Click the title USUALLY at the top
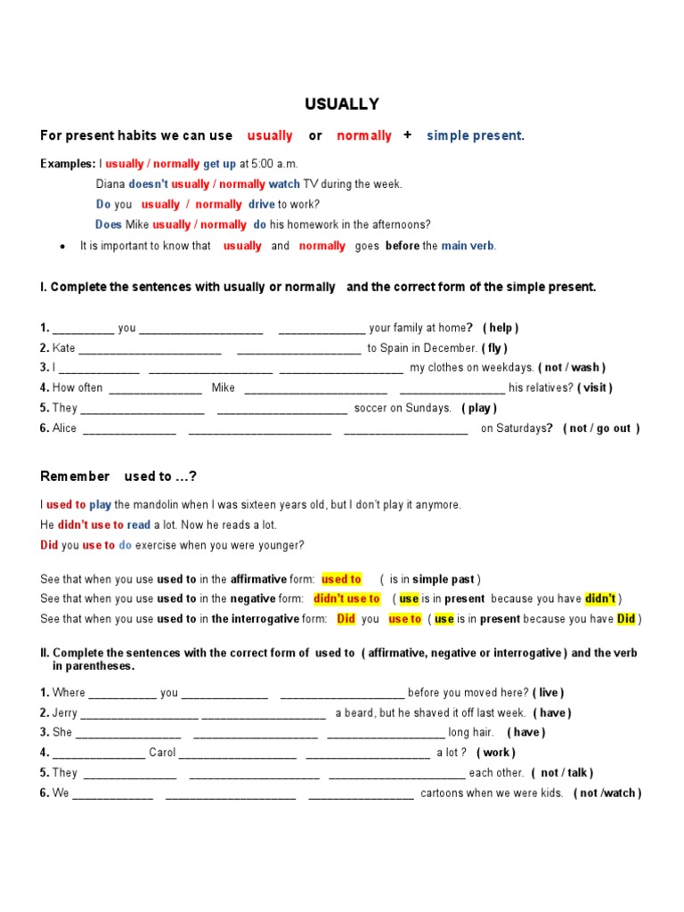pyautogui.click(x=342, y=104)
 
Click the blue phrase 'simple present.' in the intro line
pyautogui.click(x=476, y=136)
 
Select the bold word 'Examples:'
pyautogui.click(x=68, y=164)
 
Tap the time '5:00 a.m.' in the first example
pyautogui.click(x=275, y=164)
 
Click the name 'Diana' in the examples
pyautogui.click(x=110, y=184)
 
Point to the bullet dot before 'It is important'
pyautogui.click(x=61, y=247)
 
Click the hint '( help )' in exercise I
pyautogui.click(x=501, y=328)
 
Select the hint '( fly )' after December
pyautogui.click(x=494, y=348)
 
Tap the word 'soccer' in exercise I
pyautogui.click(x=371, y=408)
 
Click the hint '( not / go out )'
pyautogui.click(x=600, y=428)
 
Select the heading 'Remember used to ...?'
pyautogui.click(x=118, y=476)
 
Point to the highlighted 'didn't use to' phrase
pyautogui.click(x=346, y=599)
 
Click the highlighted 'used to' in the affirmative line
pyautogui.click(x=341, y=579)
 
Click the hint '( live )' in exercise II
pyautogui.click(x=548, y=693)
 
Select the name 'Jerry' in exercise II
pyautogui.click(x=65, y=713)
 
